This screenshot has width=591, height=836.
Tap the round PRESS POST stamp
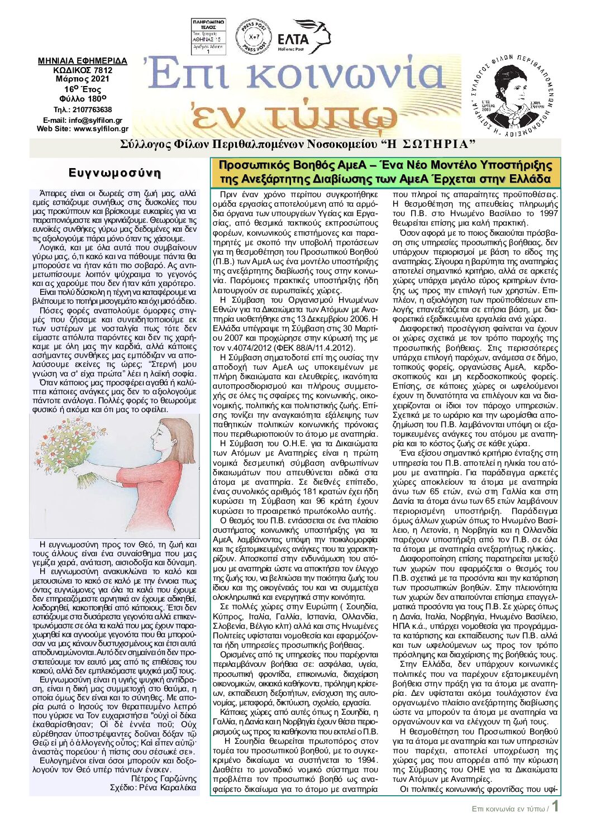(254, 37)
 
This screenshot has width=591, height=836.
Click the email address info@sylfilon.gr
(96, 120)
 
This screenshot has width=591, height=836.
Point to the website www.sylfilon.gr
(101, 128)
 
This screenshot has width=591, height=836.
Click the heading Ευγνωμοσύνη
(115, 173)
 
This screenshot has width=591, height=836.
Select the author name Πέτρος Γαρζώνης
(164, 778)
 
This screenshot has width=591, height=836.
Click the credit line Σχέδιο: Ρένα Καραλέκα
(153, 787)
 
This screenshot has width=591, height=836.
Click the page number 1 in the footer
(555, 807)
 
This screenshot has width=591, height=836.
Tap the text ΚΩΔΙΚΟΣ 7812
(83, 70)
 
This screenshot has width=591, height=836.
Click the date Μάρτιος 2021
(83, 79)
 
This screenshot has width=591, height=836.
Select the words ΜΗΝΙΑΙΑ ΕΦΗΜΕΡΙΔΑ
(83, 61)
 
